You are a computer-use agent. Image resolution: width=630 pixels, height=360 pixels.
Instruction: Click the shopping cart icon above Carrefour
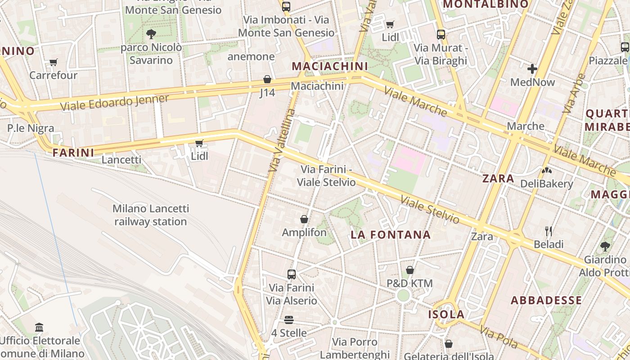tap(54, 62)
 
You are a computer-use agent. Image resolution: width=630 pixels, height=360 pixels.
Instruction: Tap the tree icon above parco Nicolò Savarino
tap(151, 34)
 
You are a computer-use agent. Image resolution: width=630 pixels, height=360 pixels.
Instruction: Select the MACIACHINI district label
tap(330, 66)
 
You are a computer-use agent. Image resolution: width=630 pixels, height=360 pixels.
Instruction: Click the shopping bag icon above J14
tap(267, 79)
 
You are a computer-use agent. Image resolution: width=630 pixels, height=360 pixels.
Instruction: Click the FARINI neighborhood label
tap(73, 153)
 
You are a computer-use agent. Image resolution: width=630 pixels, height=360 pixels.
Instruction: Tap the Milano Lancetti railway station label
tap(151, 215)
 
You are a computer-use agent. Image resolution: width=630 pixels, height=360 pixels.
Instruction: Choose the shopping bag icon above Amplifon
tap(304, 219)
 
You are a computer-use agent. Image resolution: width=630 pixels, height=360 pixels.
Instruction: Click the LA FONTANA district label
tap(391, 234)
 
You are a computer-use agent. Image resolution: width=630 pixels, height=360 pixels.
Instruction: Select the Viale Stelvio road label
tap(430, 210)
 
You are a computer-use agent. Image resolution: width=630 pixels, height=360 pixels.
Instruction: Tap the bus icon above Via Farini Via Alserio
tap(292, 274)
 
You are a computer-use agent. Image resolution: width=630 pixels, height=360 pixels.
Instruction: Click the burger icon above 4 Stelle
tap(289, 320)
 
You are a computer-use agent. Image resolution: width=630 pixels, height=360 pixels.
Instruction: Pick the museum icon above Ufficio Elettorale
tap(39, 327)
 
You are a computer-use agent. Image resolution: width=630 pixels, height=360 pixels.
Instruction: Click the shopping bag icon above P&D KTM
tap(410, 270)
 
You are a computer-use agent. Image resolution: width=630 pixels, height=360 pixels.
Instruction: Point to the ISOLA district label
tap(446, 314)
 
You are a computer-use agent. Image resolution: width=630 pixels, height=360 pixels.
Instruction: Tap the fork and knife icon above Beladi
tap(549, 231)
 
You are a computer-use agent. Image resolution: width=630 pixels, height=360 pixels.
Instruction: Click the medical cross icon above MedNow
tap(532, 69)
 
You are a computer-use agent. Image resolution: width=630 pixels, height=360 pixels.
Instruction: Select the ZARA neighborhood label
tap(498, 178)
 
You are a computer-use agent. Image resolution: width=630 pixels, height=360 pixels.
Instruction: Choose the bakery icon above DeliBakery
tap(547, 171)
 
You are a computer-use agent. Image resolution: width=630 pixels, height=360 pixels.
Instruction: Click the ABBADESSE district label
tap(546, 300)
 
